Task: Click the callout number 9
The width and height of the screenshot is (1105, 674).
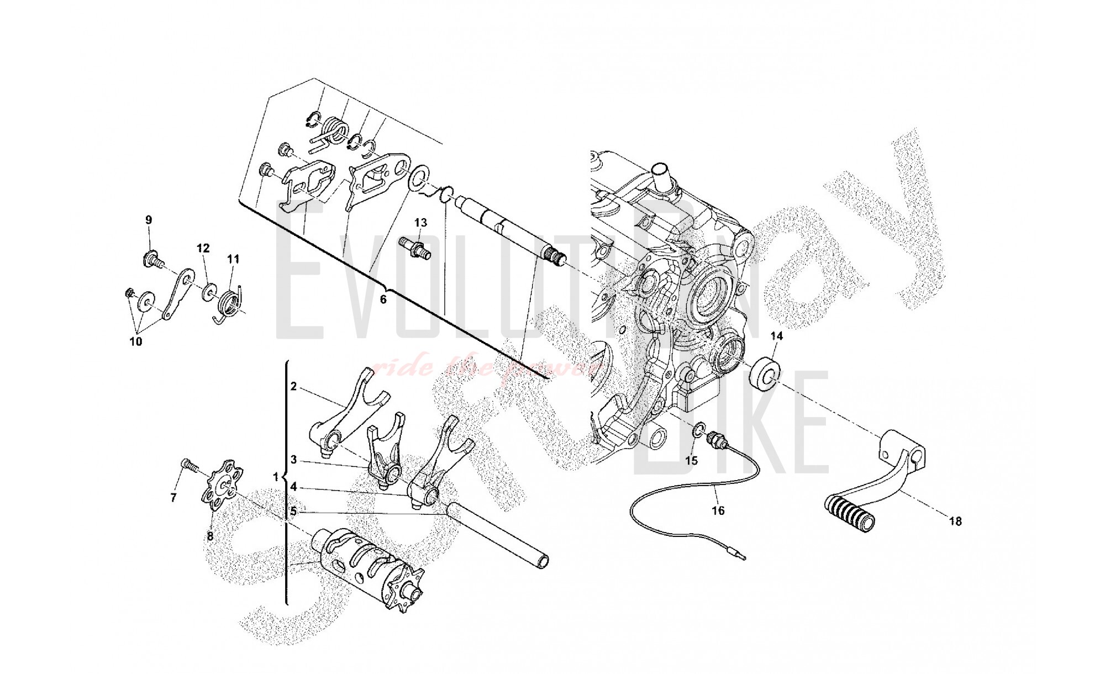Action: coord(149,220)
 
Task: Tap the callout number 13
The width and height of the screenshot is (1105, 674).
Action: coord(421,223)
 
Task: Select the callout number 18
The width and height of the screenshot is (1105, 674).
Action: coord(955,521)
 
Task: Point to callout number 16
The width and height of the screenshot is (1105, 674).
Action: coord(718,511)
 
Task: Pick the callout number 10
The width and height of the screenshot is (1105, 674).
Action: coord(136,341)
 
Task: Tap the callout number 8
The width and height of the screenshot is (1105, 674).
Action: coord(210,535)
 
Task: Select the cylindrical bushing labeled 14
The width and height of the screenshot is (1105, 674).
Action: coord(765,373)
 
